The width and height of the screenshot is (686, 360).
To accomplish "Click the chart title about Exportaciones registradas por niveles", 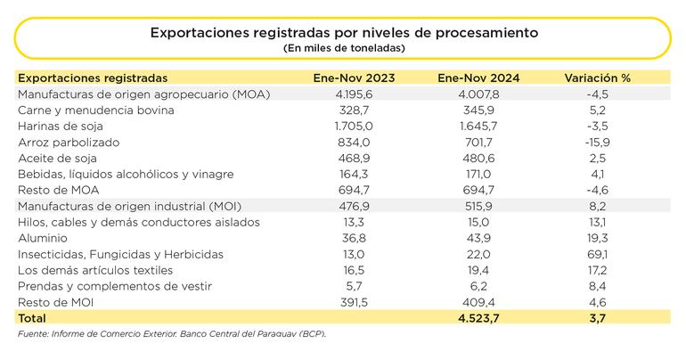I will coord(343,32).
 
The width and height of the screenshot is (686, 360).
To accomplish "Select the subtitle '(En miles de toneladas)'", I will coord(343,47).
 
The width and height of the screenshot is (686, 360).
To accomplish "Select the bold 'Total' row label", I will coord(33,317).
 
